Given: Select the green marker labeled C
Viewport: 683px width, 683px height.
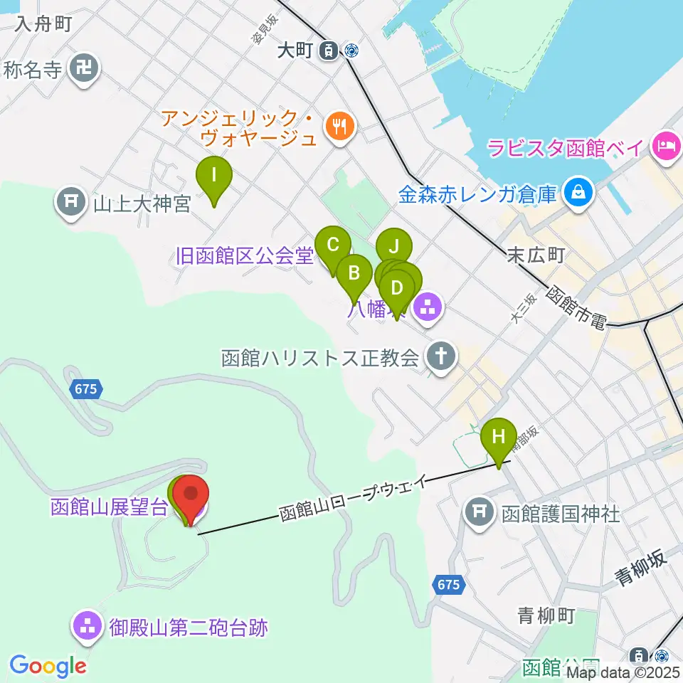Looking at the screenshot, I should point(332,245).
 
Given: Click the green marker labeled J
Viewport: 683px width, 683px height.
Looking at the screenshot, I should point(393,248).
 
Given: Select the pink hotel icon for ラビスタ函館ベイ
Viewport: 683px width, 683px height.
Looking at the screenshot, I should point(667,147).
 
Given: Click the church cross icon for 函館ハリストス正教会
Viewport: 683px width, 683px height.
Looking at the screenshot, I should point(441,357).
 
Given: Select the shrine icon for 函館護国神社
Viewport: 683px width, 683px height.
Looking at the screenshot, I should point(480,511).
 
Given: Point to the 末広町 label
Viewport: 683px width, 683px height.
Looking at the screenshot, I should point(536,255).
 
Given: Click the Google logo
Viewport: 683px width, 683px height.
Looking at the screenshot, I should point(48,667).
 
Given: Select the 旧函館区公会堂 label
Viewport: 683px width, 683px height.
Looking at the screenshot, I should point(245,256).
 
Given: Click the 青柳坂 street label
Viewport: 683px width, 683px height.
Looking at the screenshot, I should point(642,567).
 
